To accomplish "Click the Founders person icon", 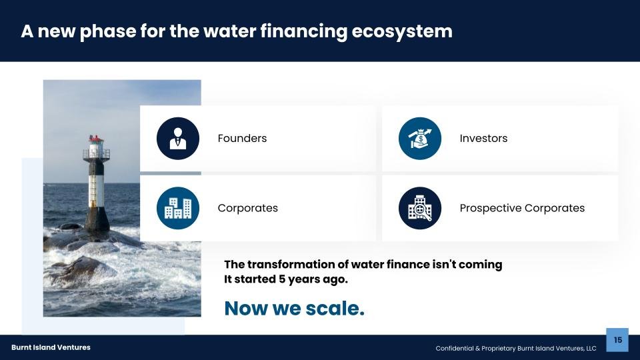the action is pyautogui.click(x=178, y=139).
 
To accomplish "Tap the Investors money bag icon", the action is pyautogui.click(x=420, y=139).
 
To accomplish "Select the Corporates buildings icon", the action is pyautogui.click(x=178, y=208).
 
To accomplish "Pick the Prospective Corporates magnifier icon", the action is pyautogui.click(x=420, y=208).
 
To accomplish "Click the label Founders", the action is pyautogui.click(x=242, y=139).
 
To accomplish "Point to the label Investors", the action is pyautogui.click(x=483, y=139).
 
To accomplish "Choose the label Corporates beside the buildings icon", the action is pyautogui.click(x=248, y=208).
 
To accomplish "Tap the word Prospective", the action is pyautogui.click(x=490, y=208).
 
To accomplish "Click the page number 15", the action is pyautogui.click(x=617, y=340).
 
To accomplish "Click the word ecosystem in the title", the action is pyautogui.click(x=401, y=31).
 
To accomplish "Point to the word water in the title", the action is pyautogui.click(x=229, y=31).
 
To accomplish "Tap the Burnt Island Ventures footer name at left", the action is pyautogui.click(x=51, y=347).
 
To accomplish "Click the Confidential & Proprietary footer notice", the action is pyautogui.click(x=516, y=348).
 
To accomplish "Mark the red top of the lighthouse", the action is pyautogui.click(x=96, y=139).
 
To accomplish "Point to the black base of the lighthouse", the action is pyautogui.click(x=97, y=219).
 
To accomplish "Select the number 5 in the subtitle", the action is pyautogui.click(x=282, y=279).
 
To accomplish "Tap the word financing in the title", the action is pyautogui.click(x=304, y=31).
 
